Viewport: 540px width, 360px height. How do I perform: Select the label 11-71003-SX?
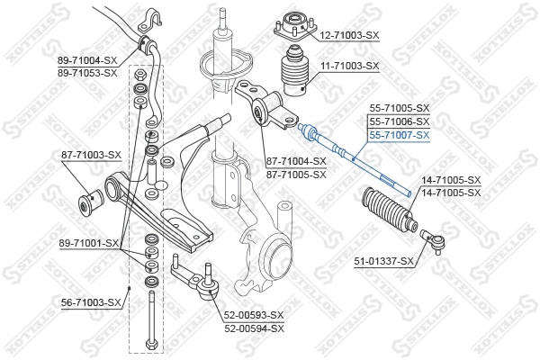pyautogui.click(x=350, y=67)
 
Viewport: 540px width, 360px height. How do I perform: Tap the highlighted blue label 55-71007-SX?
pyautogui.click(x=399, y=134)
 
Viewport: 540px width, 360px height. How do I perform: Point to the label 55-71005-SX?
pyautogui.click(x=399, y=108)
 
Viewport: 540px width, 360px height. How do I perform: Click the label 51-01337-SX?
pyautogui.click(x=383, y=261)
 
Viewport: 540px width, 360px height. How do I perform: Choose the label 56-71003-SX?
pyautogui.click(x=89, y=302)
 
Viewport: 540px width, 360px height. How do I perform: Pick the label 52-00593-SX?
pyautogui.click(x=254, y=315)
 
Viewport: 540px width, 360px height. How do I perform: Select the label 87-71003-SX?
pyautogui.click(x=90, y=155)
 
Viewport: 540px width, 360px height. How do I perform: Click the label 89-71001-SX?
pyautogui.click(x=88, y=243)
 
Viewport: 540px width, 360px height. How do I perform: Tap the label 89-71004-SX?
pyautogui.click(x=87, y=59)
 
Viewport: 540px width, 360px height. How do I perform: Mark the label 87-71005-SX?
pyautogui.click(x=295, y=175)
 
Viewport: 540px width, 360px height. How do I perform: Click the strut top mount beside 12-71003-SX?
pyautogui.click(x=293, y=22)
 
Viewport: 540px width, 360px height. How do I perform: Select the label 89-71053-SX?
pyautogui.click(x=87, y=72)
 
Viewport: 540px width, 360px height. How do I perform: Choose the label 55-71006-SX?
pyautogui.click(x=399, y=121)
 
